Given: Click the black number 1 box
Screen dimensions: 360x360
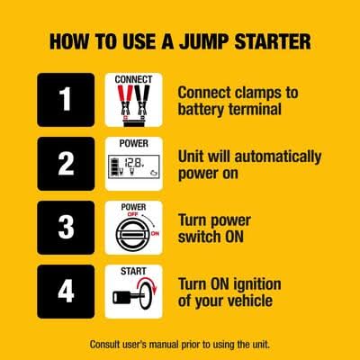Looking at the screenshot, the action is pyautogui.click(x=66, y=100).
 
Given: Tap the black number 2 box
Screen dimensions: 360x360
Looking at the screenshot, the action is pyautogui.click(x=66, y=164).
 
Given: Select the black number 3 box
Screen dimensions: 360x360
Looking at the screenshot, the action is pyautogui.click(x=66, y=228).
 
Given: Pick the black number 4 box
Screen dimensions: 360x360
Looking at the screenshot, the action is pyautogui.click(x=66, y=292).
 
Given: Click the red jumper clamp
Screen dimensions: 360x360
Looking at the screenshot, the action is pyautogui.click(x=125, y=101).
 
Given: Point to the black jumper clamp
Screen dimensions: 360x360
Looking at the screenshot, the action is pyautogui.click(x=142, y=101).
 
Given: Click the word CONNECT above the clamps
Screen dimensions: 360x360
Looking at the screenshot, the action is pyautogui.click(x=133, y=79).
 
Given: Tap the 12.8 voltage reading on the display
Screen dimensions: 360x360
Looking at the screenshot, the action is pyautogui.click(x=134, y=163).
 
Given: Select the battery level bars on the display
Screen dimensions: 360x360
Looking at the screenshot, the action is pyautogui.click(x=114, y=166).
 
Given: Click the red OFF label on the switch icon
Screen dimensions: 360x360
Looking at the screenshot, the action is pyautogui.click(x=132, y=214).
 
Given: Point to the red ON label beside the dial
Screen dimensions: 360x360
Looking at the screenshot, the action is pyautogui.click(x=155, y=233).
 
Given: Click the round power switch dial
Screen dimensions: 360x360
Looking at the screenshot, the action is pyautogui.click(x=132, y=234).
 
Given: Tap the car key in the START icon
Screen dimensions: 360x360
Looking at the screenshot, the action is pyautogui.click(x=127, y=296).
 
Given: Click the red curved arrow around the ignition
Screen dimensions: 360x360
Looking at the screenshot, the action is pyautogui.click(x=148, y=285).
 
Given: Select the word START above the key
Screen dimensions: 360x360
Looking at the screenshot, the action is pyautogui.click(x=133, y=272).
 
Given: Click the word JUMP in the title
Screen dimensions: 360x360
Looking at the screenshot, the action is pyautogui.click(x=204, y=41).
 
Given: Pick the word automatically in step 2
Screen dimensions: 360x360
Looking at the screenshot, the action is pyautogui.click(x=278, y=157).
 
